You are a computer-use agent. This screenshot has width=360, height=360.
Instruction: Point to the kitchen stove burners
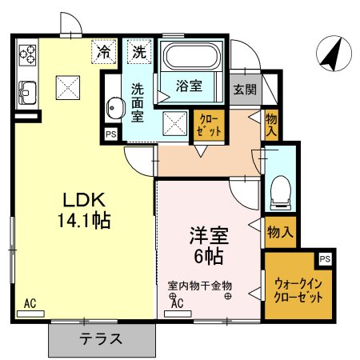(x=27, y=54)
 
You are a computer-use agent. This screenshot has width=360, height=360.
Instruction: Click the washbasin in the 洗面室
(x=114, y=106)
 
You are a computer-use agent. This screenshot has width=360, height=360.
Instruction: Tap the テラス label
(x=101, y=338)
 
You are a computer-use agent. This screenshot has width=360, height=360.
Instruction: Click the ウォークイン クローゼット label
(x=299, y=289)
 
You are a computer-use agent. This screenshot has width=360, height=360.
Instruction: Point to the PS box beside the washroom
(x=110, y=134)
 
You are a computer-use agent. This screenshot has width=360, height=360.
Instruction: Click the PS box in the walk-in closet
(x=324, y=259)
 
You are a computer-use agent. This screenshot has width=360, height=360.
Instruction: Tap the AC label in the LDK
(x=30, y=303)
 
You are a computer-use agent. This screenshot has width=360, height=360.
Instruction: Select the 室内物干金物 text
(x=199, y=285)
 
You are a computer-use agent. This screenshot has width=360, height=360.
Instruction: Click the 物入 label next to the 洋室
(x=279, y=232)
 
